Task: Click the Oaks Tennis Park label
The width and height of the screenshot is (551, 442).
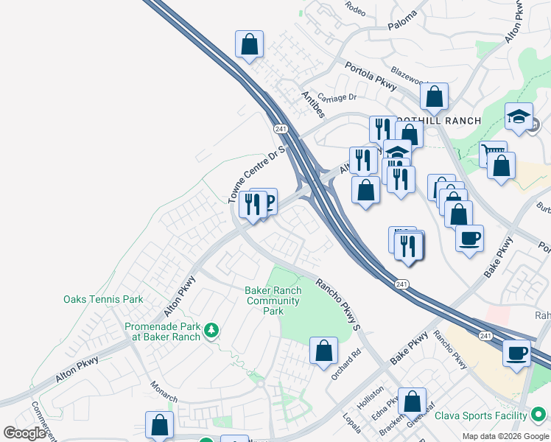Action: point(103,299)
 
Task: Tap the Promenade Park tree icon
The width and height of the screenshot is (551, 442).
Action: point(211,331)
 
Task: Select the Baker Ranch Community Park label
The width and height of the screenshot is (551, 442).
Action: point(273,301)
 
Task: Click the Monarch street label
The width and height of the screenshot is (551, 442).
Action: point(164,390)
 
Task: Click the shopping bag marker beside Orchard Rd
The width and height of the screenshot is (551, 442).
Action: point(323,351)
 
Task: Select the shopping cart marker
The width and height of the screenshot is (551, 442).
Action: point(493,154)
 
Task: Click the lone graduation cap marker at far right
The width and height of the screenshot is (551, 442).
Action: point(519,116)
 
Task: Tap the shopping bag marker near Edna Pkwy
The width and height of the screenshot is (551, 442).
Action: point(413,401)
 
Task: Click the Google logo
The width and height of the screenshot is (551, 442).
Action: point(24,433)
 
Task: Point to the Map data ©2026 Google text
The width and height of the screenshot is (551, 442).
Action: point(505,436)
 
